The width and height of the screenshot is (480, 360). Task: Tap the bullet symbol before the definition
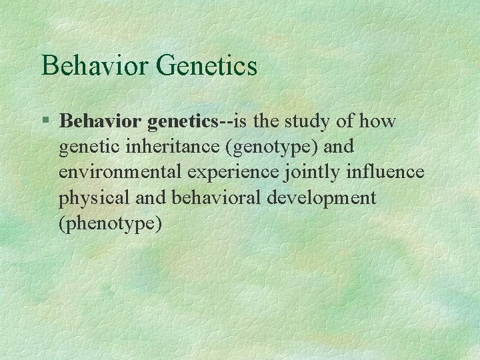click(45, 121)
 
